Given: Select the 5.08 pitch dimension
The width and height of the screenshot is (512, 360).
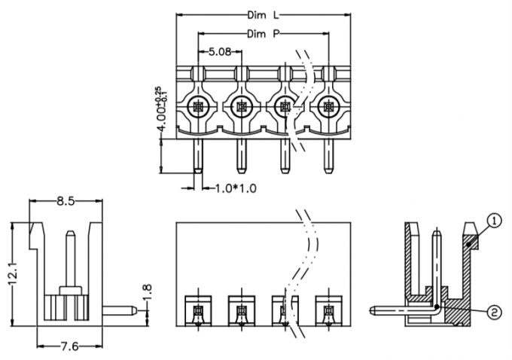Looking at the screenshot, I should [220, 52].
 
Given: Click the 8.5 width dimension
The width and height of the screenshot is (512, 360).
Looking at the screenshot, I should [66, 201].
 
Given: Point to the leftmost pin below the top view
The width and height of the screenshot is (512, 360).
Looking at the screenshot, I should [199, 154].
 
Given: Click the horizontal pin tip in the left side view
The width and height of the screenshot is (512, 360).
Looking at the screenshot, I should [130, 309].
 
